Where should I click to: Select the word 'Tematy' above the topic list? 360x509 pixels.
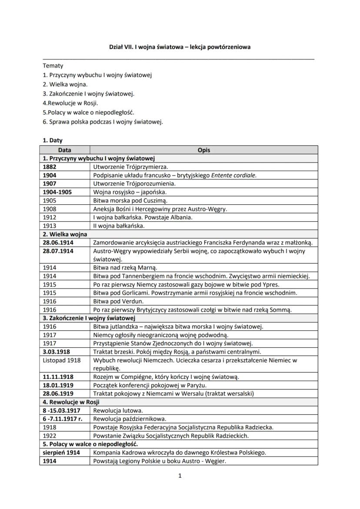tap(53, 66)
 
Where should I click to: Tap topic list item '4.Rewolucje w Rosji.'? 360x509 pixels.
tap(70, 103)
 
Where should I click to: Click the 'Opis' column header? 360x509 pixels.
tap(203, 150)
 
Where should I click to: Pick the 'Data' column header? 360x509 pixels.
tap(64, 150)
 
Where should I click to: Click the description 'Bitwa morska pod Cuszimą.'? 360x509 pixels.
tap(130, 200)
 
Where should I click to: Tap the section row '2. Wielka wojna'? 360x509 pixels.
tap(65, 234)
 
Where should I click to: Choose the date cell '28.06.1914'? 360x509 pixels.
tap(58, 242)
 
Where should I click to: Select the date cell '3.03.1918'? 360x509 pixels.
tap(57, 352)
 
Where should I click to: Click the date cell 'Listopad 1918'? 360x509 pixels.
tap(62, 360)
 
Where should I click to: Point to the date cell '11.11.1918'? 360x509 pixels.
tap(58, 377)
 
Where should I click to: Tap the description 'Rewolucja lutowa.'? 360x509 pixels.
tap(118, 410)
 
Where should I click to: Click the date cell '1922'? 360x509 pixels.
tap(50, 436)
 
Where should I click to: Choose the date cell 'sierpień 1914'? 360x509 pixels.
tap(61, 452)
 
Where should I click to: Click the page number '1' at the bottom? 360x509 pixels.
tap(180, 476)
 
